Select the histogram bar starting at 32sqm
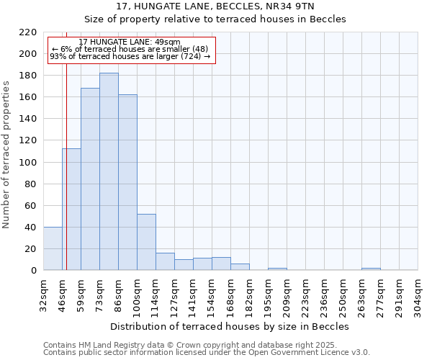53,248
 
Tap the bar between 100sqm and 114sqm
146,242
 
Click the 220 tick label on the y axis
28,32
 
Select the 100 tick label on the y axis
28,163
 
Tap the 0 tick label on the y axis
33,271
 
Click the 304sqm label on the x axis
418,294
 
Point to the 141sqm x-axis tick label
194,294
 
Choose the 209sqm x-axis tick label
287,294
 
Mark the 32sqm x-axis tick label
44,294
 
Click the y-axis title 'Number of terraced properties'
6,155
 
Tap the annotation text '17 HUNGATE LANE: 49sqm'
130,42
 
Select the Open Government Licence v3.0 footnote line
207,352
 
